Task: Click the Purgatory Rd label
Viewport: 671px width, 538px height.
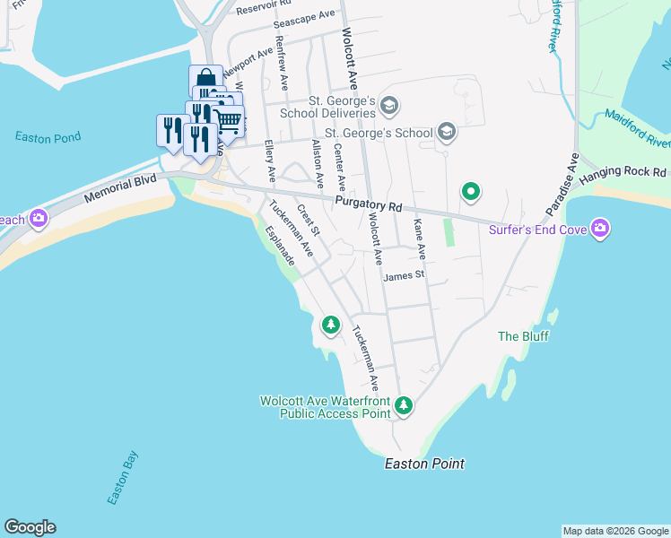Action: [367, 207]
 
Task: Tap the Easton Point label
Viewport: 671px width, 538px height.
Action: [424, 464]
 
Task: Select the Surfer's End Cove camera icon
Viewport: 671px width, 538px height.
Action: [600, 230]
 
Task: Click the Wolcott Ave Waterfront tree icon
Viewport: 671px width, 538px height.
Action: [404, 406]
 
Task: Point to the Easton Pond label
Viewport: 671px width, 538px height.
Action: [48, 137]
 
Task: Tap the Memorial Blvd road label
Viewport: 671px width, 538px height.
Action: [120, 186]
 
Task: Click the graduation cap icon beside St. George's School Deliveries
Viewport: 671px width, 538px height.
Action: [388, 107]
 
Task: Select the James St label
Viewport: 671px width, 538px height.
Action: [403, 276]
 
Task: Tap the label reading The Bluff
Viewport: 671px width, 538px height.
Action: [523, 336]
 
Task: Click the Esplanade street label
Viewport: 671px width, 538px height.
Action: [281, 244]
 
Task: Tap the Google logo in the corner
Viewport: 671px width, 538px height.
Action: [30, 527]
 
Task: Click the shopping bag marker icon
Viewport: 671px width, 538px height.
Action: [205, 79]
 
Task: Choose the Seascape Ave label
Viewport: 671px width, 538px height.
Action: [304, 18]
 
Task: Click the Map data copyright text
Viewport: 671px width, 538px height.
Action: [615, 531]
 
